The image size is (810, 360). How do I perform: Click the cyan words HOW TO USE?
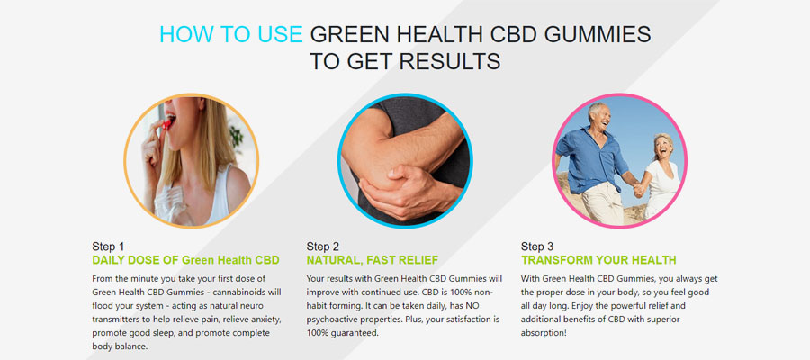pos(231,34)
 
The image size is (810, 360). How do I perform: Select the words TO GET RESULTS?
pos(405,61)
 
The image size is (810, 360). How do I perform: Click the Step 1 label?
pos(108,247)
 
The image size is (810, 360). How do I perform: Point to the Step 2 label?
pos(322,247)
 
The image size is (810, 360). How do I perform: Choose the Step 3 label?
pos(536,247)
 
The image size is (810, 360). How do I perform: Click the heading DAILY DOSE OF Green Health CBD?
pos(185,260)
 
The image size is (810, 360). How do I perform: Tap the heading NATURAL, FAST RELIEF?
pos(372,260)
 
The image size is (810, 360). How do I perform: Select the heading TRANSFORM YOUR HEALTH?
pos(598,260)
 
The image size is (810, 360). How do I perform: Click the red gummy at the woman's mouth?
pos(166,124)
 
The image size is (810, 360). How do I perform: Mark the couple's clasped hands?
pos(638,190)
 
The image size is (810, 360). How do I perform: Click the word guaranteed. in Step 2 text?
pos(357,333)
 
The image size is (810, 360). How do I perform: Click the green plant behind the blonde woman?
pos(237,136)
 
